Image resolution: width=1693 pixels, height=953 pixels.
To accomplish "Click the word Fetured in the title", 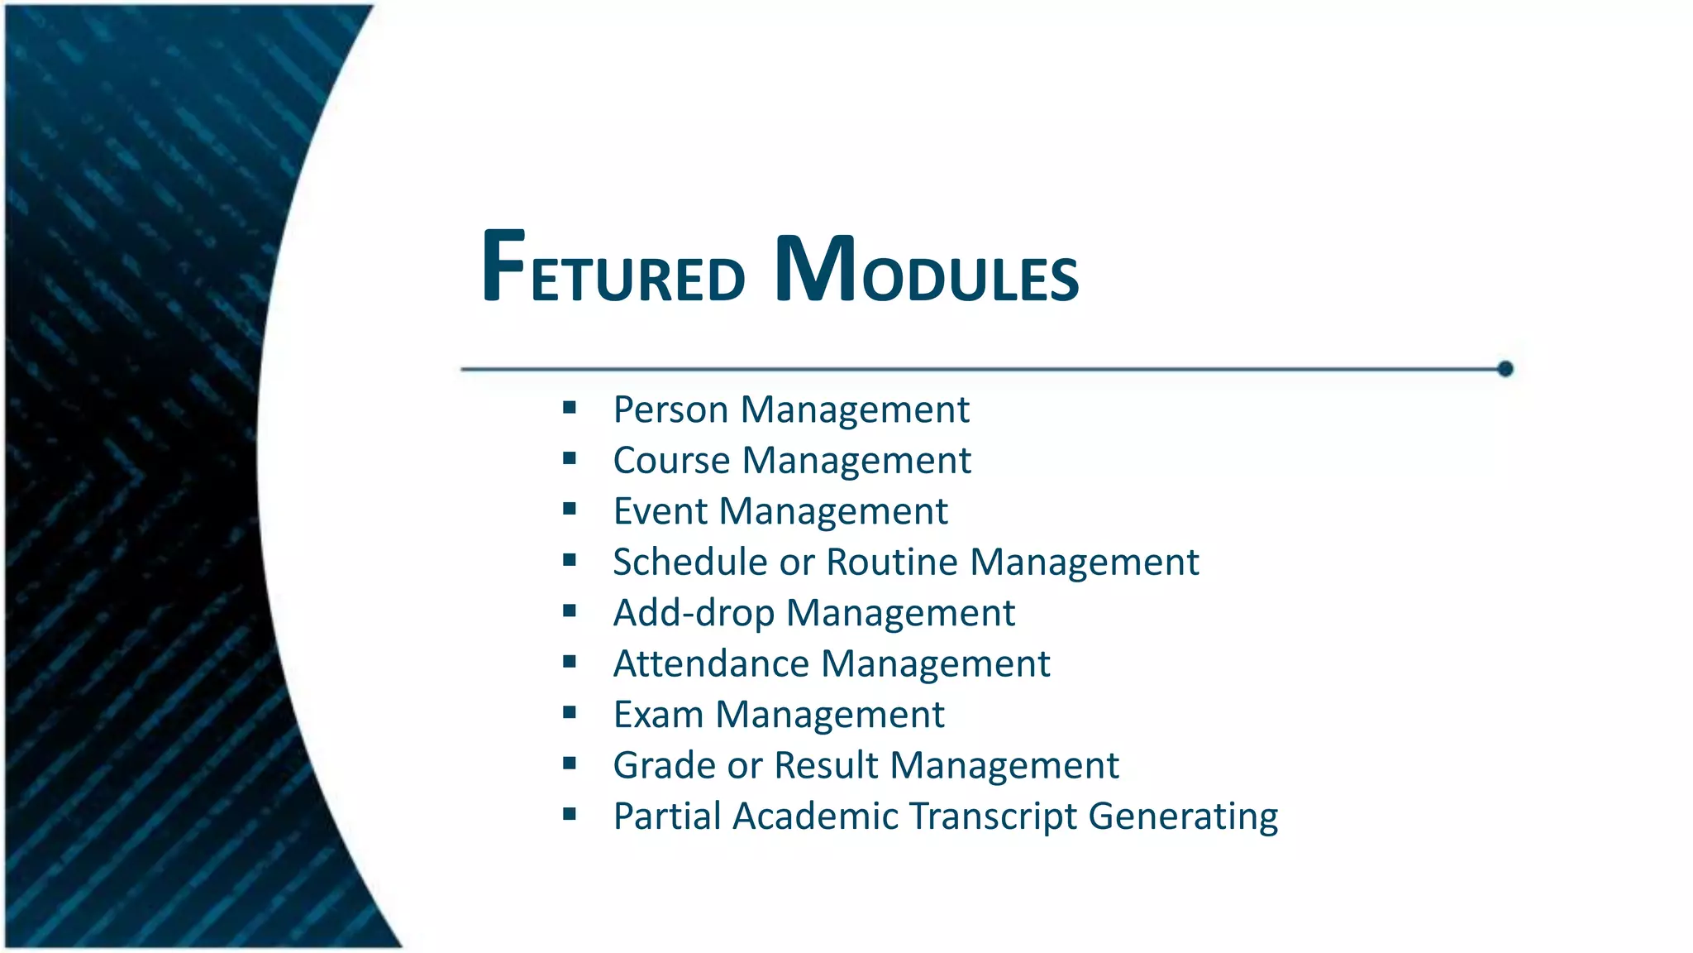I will (613, 269).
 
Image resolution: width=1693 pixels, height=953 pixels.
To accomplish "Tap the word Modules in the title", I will (927, 269).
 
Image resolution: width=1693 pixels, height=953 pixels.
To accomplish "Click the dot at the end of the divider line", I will (1505, 369).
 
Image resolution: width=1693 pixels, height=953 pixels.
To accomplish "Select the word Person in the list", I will (670, 409).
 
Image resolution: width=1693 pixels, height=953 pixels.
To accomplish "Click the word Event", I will (661, 511).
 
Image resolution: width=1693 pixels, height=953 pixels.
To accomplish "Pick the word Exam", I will (658, 715).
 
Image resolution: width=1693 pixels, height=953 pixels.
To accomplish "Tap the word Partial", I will (667, 817).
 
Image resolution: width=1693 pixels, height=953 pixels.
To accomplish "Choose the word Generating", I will (1183, 817).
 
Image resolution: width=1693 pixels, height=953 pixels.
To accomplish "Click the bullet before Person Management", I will (570, 407).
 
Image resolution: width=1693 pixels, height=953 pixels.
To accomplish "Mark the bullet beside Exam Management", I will (570, 712).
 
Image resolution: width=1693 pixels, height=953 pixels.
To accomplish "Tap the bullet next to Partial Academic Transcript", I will (570, 814).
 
